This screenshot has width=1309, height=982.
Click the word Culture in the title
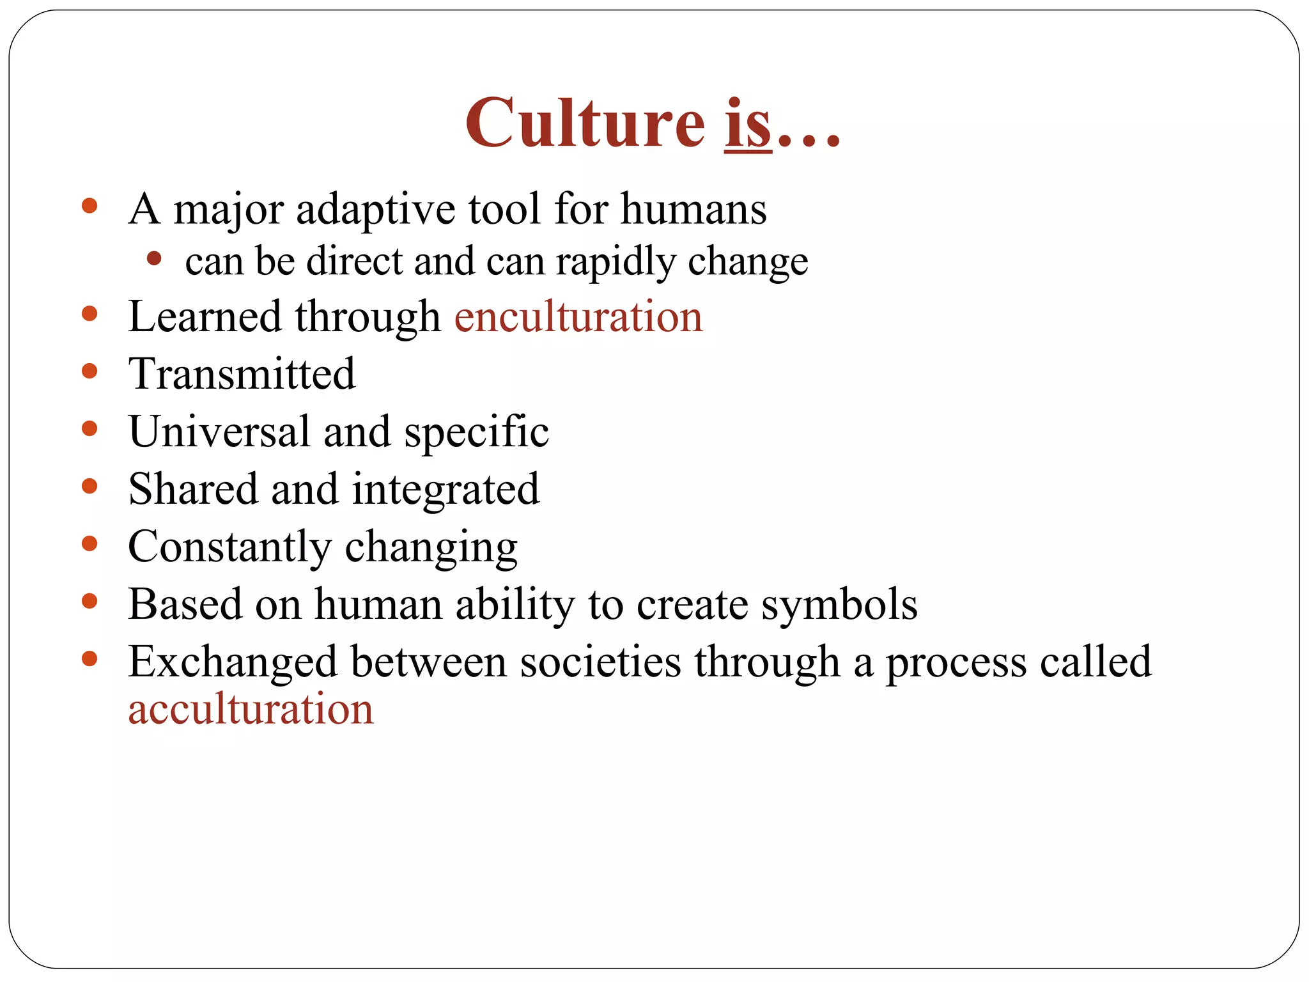pos(584,122)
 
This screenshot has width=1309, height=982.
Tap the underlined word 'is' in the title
pos(748,122)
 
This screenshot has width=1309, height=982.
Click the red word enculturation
pos(578,316)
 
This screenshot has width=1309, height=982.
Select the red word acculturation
pos(251,709)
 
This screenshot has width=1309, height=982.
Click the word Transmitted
pos(242,374)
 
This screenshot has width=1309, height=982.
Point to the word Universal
pos(219,432)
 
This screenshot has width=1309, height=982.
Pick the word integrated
pos(445,490)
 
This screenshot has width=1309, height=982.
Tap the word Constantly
pos(229,547)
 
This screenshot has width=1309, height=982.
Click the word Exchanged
pos(233,662)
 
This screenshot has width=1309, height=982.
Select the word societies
pos(600,662)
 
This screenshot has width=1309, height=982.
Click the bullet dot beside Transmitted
pos(89,371)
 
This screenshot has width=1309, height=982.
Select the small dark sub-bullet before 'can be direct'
pos(153,259)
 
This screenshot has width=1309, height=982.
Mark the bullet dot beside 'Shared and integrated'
pos(89,487)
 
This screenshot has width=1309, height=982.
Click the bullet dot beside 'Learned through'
pos(89,314)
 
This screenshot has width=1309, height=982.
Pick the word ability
pos(515,605)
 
